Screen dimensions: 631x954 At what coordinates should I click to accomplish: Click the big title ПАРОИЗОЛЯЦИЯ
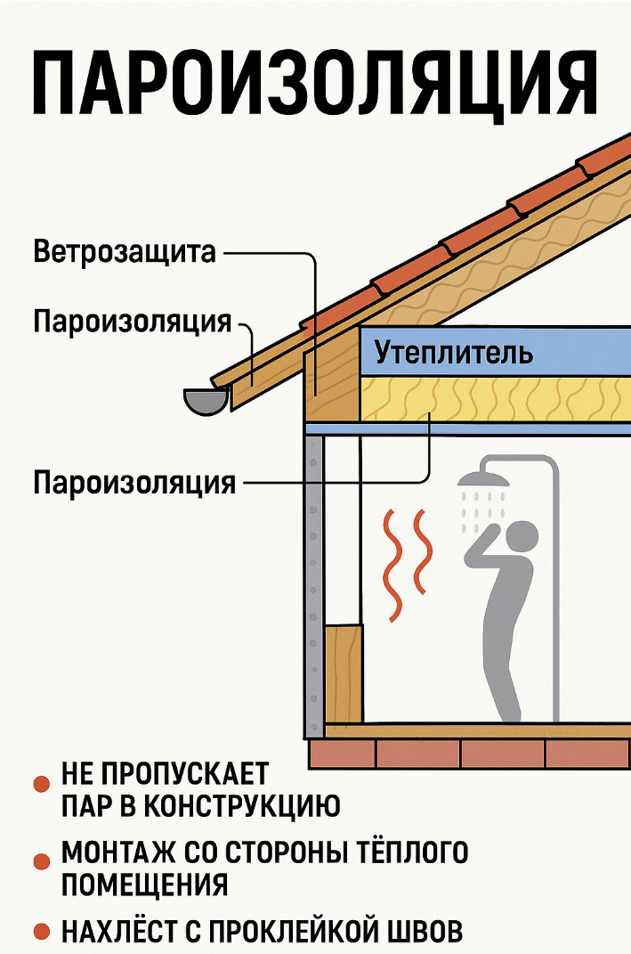tap(315, 81)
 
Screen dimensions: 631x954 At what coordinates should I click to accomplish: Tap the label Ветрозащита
tap(125, 252)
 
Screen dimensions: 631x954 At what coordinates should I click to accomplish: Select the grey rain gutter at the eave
tap(205, 401)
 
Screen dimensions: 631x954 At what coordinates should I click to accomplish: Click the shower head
tap(483, 481)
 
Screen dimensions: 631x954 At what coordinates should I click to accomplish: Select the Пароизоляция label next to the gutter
tap(133, 322)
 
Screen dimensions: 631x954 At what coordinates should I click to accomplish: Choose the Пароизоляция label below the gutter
tap(134, 484)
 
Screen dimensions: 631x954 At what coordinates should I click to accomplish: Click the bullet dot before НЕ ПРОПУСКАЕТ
tap(40, 784)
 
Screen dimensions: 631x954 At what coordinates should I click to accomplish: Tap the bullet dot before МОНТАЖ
tap(40, 861)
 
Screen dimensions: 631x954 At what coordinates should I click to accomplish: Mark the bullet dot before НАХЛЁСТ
tap(40, 932)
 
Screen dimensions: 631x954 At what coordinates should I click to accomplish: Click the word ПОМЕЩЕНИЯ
tap(144, 885)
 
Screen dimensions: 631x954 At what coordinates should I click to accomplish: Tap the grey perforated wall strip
tap(312, 588)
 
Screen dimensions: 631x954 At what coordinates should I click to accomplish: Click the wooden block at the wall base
tap(344, 673)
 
